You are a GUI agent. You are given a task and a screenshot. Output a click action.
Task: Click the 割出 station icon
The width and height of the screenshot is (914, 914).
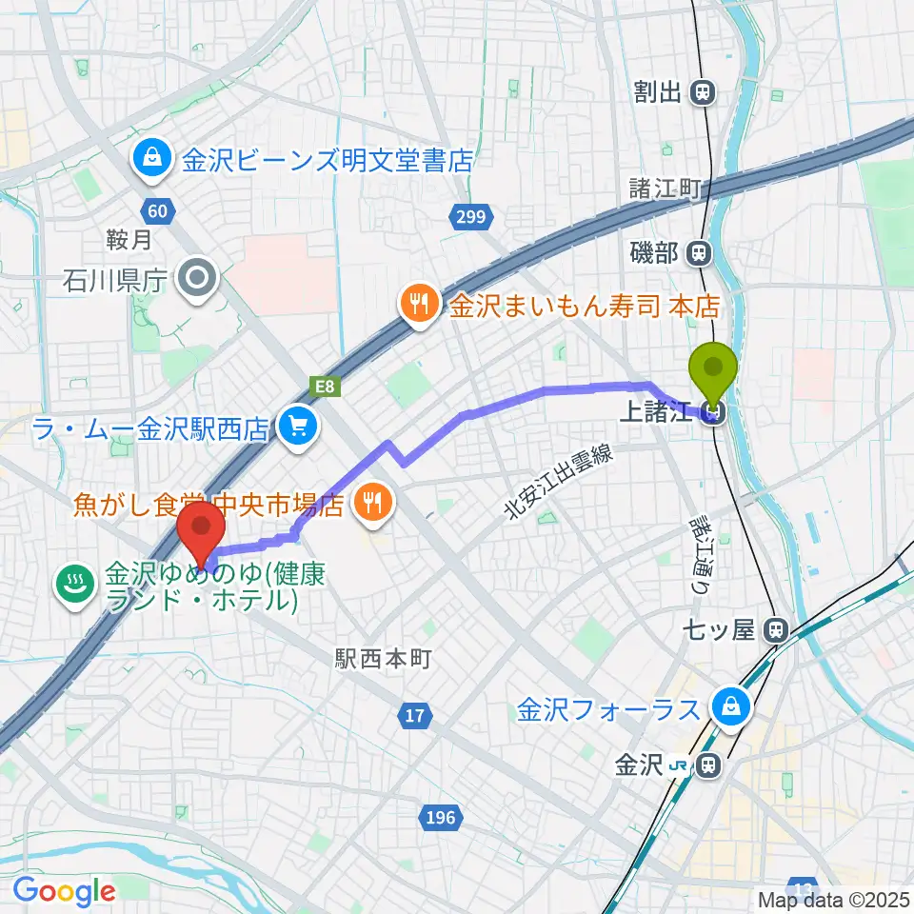point(703,92)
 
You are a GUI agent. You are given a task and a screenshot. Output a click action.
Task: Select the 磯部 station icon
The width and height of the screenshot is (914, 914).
point(700,253)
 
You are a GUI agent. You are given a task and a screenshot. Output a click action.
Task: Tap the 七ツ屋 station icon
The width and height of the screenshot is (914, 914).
point(777,629)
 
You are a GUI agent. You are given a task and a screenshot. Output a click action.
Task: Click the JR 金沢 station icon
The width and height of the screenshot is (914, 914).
point(706,765)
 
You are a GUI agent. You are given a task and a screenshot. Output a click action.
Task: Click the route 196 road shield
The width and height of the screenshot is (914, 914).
point(440,816)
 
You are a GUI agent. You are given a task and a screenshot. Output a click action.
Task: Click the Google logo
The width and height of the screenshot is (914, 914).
point(64,891)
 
